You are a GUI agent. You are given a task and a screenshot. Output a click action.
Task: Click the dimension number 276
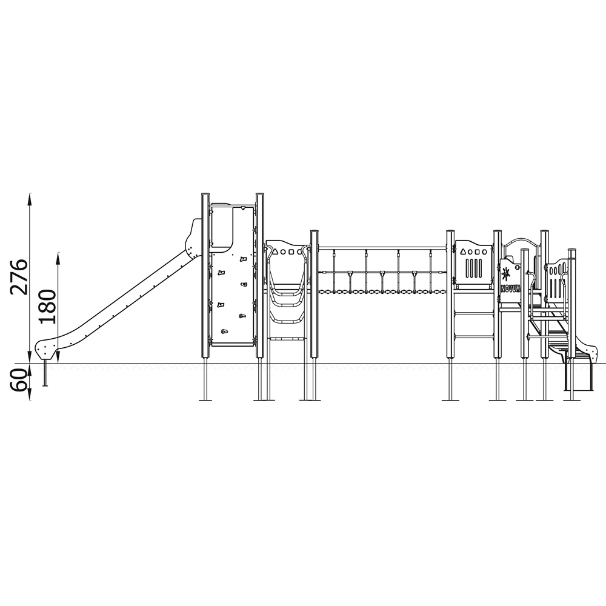tap(19, 277)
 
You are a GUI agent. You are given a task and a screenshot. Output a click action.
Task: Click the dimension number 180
tap(47, 307)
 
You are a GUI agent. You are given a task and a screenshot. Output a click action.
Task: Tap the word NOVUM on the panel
tap(511, 288)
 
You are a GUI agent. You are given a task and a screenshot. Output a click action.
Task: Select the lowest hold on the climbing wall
tap(224, 331)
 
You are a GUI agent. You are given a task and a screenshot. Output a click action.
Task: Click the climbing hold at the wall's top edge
tap(242, 208)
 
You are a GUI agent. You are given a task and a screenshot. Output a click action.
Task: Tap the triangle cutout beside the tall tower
tap(275, 251)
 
